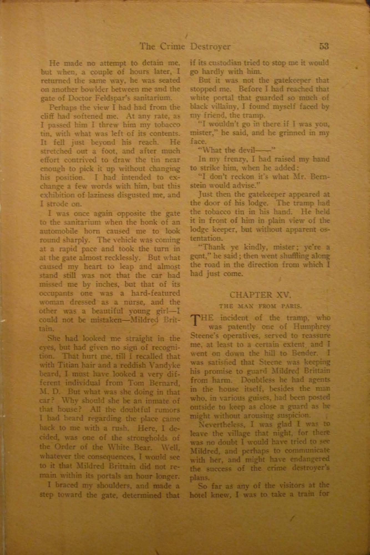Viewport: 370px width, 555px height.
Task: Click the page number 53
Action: [x=324, y=46]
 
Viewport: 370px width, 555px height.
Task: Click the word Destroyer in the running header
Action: [x=210, y=46]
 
